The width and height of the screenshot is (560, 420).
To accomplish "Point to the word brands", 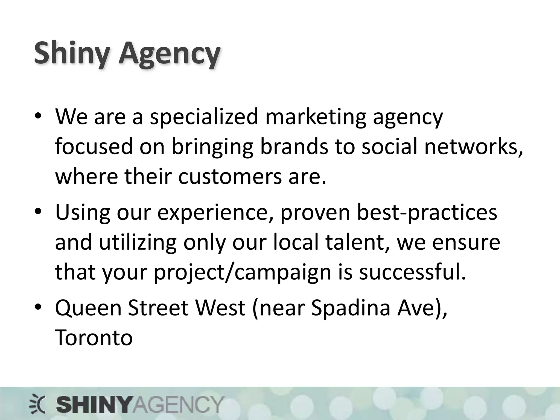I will point(294,147).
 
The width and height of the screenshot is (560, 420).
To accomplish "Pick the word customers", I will point(230,176).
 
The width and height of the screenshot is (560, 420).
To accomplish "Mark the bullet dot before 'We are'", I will point(38,116).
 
